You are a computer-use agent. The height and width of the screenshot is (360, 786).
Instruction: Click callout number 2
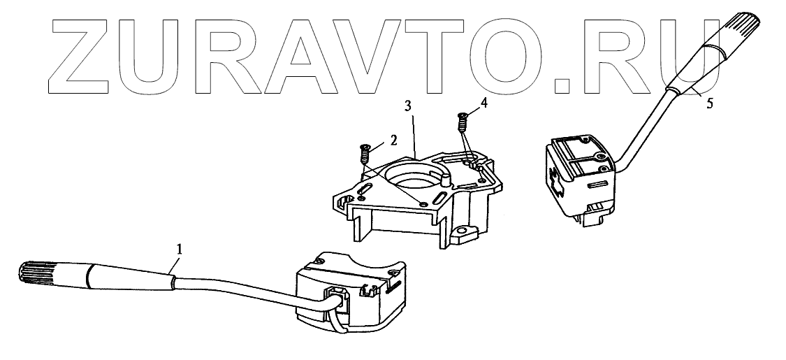point(393,140)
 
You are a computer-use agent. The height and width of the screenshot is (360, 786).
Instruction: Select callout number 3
point(409,106)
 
